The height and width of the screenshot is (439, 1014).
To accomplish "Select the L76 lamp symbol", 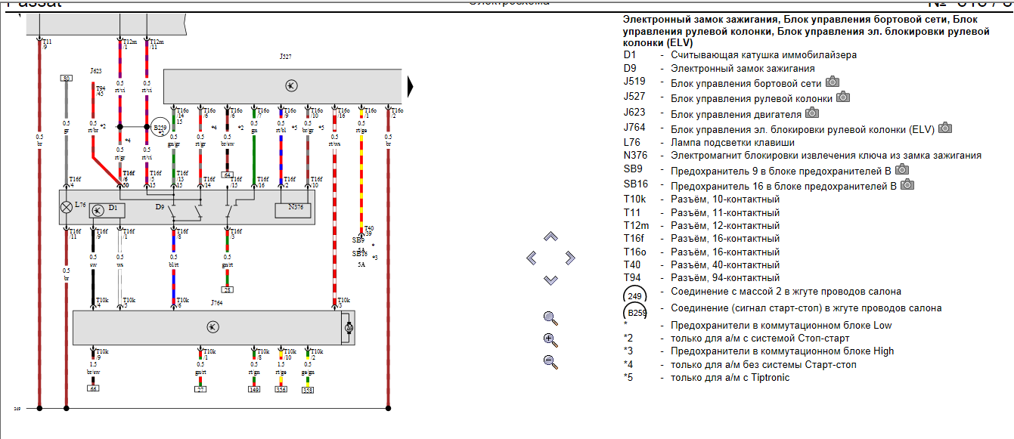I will click(x=67, y=206).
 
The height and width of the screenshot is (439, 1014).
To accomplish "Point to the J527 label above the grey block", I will click(x=285, y=56).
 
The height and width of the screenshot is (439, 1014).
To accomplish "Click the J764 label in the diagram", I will click(x=219, y=303).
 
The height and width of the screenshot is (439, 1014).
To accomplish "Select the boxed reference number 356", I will click(x=281, y=390).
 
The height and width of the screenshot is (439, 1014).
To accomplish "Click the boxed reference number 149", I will click(x=255, y=390).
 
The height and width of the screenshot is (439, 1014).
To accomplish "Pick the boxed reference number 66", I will click(x=93, y=388).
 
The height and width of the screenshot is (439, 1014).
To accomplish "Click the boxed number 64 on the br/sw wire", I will click(x=227, y=175).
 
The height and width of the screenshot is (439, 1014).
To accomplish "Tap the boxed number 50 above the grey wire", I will click(x=67, y=78).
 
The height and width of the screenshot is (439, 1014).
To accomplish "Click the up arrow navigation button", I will click(x=550, y=237).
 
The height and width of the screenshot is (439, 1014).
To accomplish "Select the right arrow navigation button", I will click(x=570, y=258).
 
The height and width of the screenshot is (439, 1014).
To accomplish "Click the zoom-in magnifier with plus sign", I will click(x=550, y=339).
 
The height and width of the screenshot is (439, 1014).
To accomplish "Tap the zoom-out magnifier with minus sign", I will click(x=550, y=361).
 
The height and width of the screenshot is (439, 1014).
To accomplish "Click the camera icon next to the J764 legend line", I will click(x=945, y=128).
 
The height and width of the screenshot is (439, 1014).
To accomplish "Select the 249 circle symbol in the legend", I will click(x=635, y=295).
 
